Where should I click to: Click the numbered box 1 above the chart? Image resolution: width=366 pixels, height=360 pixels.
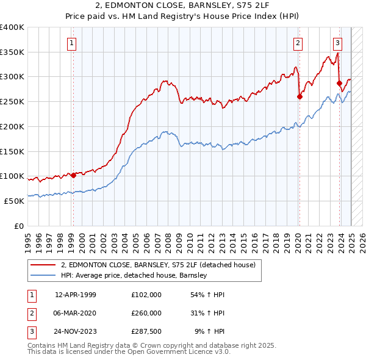[x=72, y=43]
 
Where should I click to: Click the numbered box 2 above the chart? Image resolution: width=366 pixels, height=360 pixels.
[x=298, y=43]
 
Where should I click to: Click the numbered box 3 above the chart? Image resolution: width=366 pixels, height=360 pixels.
[x=337, y=43]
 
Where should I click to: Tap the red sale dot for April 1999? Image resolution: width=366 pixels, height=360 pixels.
[x=73, y=175]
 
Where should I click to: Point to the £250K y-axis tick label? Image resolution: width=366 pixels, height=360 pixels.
[x=12, y=101]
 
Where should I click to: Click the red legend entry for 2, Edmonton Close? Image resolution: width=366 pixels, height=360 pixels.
[x=162, y=264]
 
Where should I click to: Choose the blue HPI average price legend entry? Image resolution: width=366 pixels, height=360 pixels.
[x=134, y=275]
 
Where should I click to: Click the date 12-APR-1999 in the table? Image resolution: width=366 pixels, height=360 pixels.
[x=76, y=295]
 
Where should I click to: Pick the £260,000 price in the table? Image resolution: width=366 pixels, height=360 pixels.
[x=146, y=313]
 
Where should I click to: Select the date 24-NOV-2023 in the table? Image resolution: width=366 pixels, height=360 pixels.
[x=76, y=331]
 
